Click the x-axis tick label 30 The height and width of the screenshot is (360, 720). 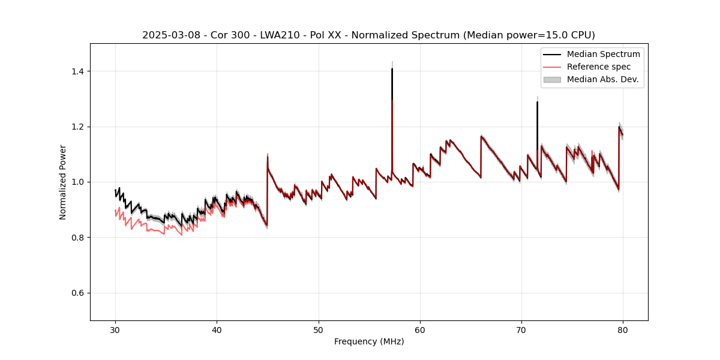[116, 330]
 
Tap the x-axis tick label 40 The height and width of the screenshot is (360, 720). [217, 330]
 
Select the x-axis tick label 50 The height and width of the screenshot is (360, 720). [319, 330]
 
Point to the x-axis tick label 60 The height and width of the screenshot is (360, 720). [420, 330]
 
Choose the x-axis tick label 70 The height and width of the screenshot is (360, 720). [521, 330]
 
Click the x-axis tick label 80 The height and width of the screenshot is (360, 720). [623, 330]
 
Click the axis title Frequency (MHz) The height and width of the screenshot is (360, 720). [369, 342]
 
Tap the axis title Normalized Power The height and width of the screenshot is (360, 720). [63, 182]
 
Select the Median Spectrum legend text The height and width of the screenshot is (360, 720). [603, 54]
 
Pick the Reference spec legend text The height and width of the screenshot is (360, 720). [599, 67]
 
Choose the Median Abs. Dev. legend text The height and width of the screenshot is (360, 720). [602, 79]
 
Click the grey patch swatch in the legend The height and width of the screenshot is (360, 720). [552, 79]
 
